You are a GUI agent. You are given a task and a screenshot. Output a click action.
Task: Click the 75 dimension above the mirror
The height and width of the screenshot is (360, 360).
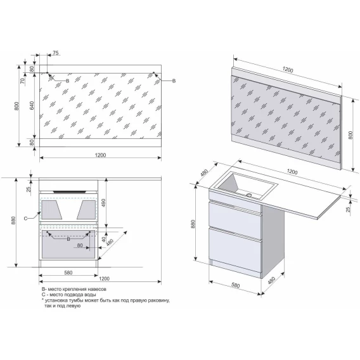(x=56, y=53)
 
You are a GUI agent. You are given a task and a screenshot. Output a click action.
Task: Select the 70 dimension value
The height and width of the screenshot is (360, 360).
(x=22, y=81)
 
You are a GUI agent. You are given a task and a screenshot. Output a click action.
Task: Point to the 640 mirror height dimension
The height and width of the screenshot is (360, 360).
(x=32, y=105)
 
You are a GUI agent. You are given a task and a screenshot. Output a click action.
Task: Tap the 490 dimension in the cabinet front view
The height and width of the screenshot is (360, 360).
(x=103, y=203)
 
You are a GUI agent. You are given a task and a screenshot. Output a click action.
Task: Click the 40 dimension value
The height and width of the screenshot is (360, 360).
(x=104, y=240)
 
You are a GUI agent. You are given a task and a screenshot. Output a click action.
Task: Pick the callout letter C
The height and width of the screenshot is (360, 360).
(x=25, y=219)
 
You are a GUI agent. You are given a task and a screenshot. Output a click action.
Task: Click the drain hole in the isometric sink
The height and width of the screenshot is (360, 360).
(x=249, y=195)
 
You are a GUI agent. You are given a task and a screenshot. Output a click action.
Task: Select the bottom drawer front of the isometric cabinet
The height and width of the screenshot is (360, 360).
(x=235, y=252)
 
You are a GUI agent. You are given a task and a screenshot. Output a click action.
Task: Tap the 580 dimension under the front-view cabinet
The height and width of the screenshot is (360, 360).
(x=68, y=273)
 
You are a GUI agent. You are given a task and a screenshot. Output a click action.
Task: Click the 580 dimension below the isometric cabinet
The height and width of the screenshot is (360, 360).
(x=235, y=285)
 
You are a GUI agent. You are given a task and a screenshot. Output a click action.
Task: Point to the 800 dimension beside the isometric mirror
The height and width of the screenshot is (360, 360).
(x=350, y=136)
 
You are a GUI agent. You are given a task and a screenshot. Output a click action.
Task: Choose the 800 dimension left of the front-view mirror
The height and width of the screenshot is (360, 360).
(x=16, y=106)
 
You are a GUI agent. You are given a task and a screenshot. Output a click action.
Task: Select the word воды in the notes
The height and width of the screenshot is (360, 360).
(x=90, y=295)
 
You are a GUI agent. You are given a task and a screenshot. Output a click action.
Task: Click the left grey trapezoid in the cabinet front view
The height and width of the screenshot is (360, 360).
(x=51, y=210)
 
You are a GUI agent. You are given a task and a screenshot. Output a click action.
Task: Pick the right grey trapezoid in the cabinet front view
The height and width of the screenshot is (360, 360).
(x=86, y=210)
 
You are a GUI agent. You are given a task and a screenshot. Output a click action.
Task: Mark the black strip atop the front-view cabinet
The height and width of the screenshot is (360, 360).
(x=70, y=191)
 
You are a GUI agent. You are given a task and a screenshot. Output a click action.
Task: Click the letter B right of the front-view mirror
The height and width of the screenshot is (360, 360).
(x=174, y=81)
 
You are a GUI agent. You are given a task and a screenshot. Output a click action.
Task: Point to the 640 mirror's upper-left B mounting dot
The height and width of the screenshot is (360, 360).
(x=48, y=72)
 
